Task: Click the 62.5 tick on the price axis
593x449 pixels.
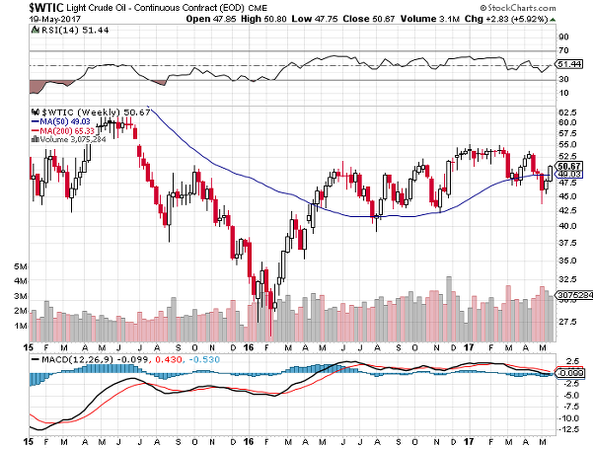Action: [568, 113]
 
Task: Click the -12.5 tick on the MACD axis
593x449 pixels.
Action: [568, 430]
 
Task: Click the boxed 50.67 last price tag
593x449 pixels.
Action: [568, 165]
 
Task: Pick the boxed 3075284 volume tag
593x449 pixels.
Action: [570, 295]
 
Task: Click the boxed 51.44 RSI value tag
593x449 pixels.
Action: [568, 64]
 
